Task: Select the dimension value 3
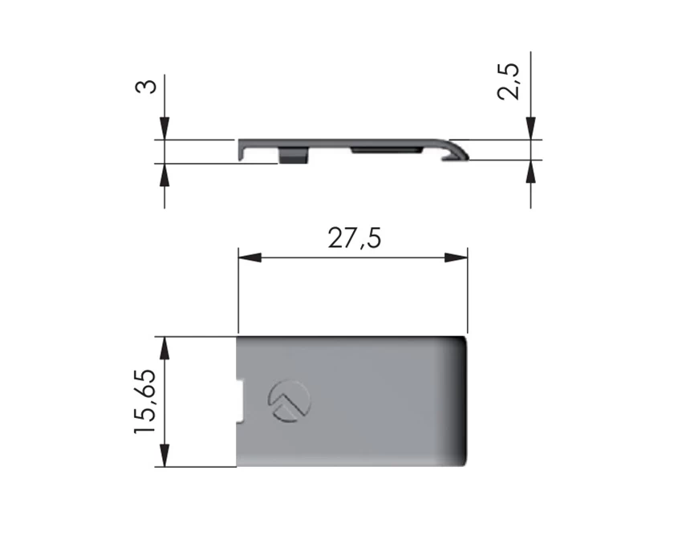146,86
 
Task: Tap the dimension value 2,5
508,82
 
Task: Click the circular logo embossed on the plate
289,402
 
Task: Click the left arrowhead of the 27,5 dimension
250,258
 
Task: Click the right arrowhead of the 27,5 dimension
457,258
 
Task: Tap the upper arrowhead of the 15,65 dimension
164,348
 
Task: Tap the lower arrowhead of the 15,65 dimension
164,455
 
